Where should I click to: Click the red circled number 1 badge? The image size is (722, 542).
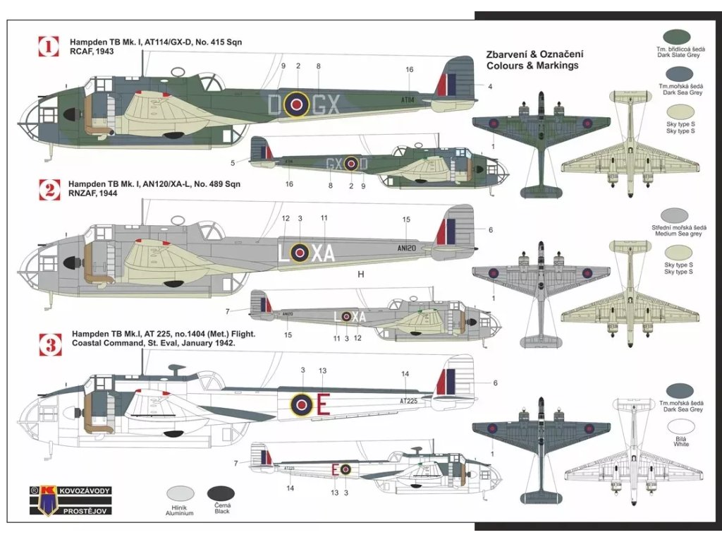48,47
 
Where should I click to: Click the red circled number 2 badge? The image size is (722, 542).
48,188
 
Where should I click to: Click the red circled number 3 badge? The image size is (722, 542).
48,344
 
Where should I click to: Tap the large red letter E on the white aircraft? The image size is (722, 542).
323,404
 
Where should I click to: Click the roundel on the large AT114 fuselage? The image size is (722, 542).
297,104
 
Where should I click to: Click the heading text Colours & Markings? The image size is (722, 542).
532,65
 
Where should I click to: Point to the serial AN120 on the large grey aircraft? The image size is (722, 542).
406,248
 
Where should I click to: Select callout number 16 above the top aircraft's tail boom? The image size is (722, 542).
410,69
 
